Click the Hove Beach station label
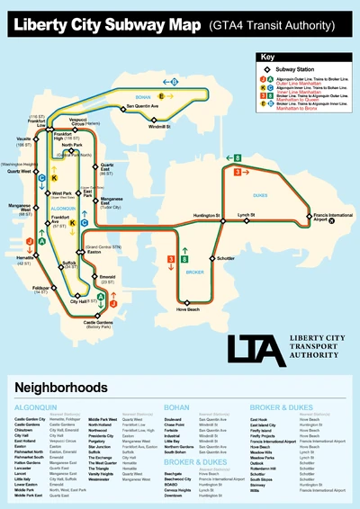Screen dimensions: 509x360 pyautogui.click(x=187, y=309)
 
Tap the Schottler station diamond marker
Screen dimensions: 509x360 pyautogui.click(x=211, y=258)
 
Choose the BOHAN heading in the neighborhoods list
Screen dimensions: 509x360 pyautogui.click(x=175, y=405)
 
